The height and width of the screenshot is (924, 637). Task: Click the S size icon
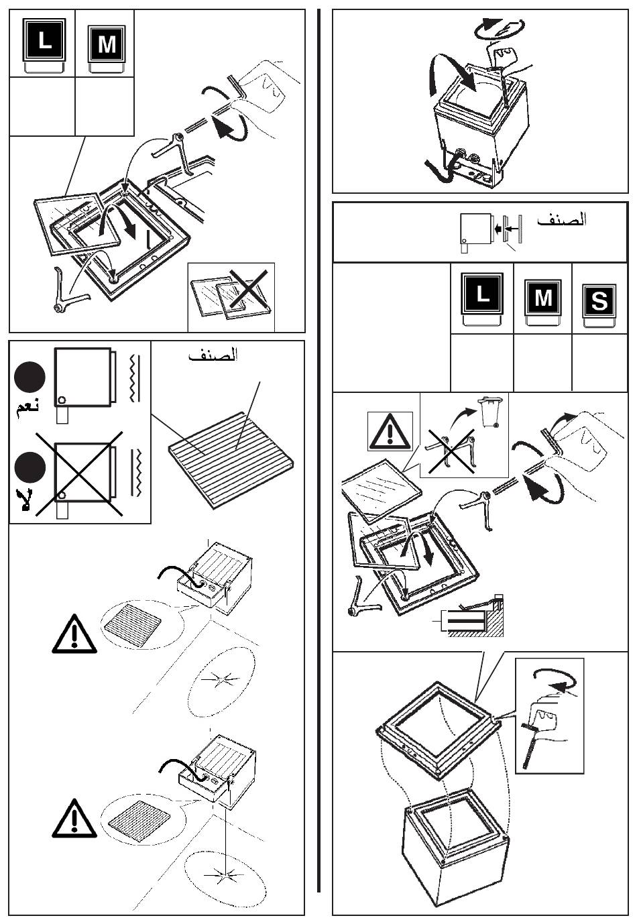(x=599, y=302)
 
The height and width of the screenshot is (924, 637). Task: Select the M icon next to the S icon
(x=543, y=297)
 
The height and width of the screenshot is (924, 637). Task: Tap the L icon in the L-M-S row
(x=482, y=293)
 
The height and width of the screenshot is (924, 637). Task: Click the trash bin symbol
(x=491, y=412)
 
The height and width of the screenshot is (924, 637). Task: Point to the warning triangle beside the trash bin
(x=390, y=431)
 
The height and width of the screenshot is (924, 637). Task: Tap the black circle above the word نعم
(x=29, y=378)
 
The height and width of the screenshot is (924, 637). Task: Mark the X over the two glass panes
(x=249, y=290)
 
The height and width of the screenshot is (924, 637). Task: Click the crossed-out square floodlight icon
(x=82, y=471)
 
